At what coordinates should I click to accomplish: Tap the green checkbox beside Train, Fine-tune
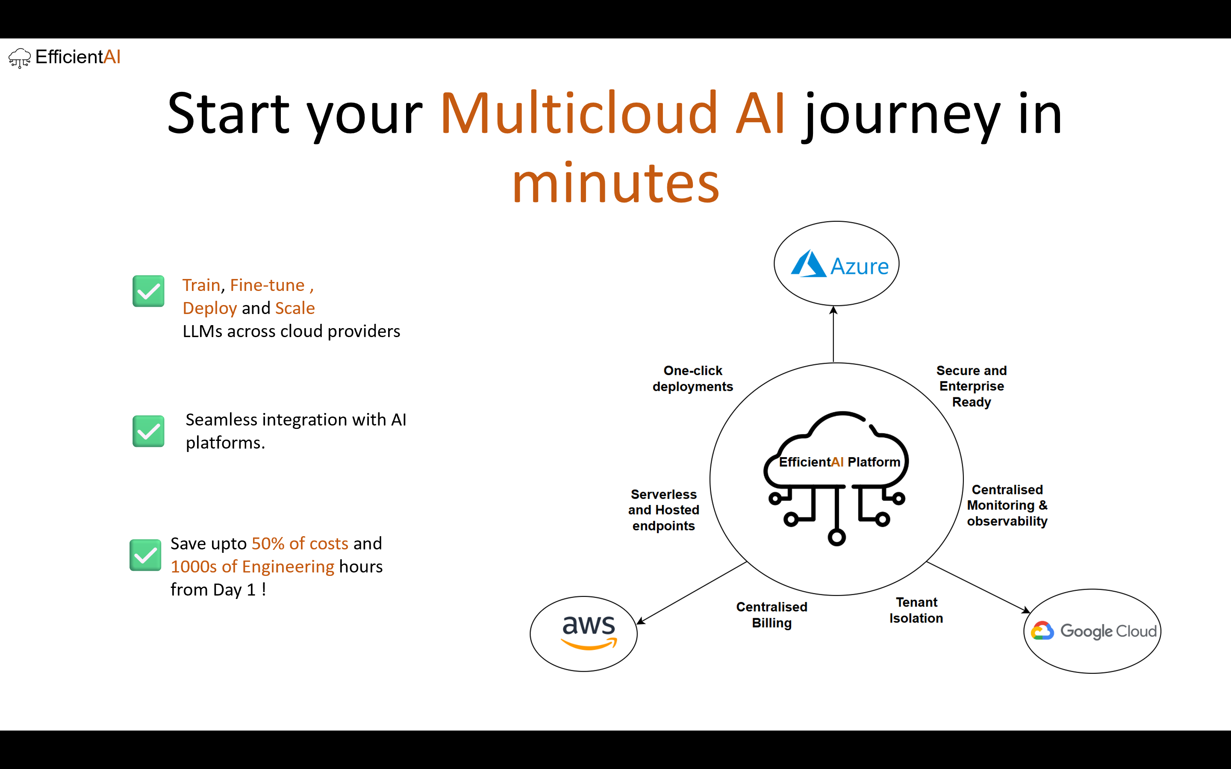pyautogui.click(x=149, y=291)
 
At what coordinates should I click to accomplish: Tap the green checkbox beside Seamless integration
pyautogui.click(x=149, y=431)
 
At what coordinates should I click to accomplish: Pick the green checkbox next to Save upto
pyautogui.click(x=145, y=555)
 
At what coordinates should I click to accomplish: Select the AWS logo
pyautogui.click(x=589, y=632)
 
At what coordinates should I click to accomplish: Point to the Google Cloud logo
pyautogui.click(x=1094, y=631)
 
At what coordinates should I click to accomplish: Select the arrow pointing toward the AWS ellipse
pyautogui.click(x=692, y=593)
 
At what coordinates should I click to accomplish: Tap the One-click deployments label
pyautogui.click(x=693, y=379)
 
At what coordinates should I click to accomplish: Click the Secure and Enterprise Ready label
pyautogui.click(x=972, y=386)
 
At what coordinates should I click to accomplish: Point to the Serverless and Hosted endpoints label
pyautogui.click(x=663, y=510)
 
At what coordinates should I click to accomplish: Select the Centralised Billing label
pyautogui.click(x=772, y=614)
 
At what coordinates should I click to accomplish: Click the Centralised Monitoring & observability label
pyautogui.click(x=1007, y=505)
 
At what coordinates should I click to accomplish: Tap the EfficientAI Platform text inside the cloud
pyautogui.click(x=839, y=462)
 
